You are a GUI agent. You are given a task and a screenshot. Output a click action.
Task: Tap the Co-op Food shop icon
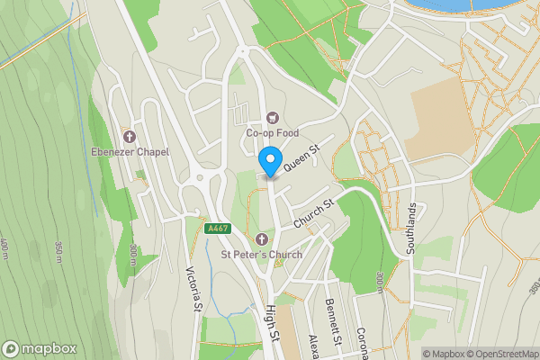[x=272, y=117]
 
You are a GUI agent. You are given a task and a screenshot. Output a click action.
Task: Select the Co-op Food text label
[x=272, y=133]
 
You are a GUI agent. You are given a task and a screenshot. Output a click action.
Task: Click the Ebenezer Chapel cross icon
[x=130, y=138]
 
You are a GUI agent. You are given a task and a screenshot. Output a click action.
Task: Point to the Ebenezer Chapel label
[x=130, y=152]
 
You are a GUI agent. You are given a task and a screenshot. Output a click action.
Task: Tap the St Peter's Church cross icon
[x=262, y=238]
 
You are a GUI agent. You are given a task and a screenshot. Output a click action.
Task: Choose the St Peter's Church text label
[x=262, y=255]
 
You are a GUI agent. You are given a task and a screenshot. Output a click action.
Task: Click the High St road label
[x=271, y=323]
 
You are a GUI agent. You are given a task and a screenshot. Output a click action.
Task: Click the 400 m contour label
[x=6, y=246]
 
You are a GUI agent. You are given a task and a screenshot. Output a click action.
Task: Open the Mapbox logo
[x=40, y=348]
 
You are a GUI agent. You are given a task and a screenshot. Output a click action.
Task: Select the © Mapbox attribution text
[x=443, y=354]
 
